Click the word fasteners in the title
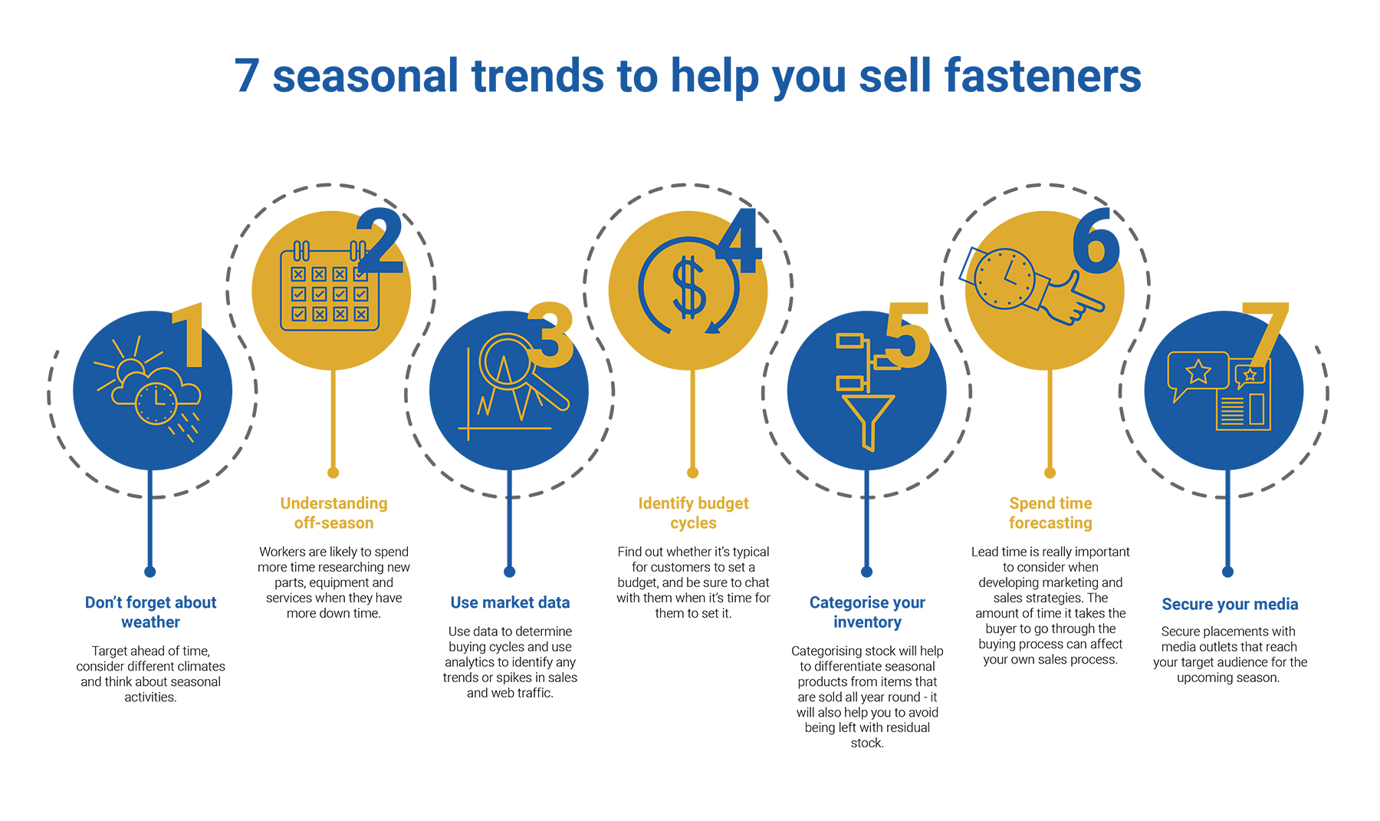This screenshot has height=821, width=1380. point(1043,76)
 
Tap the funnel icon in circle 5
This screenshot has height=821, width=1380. point(868,421)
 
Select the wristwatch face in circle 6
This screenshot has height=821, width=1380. point(1005,279)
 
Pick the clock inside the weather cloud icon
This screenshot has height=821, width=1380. point(156,402)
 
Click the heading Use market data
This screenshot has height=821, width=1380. point(510,602)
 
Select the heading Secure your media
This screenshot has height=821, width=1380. point(1230,604)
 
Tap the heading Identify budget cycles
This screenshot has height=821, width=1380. point(693,513)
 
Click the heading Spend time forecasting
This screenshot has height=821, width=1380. point(1050,513)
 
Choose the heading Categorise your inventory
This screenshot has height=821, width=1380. point(867,612)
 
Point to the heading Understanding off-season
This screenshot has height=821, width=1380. point(333,513)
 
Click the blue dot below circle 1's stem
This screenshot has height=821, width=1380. point(150,572)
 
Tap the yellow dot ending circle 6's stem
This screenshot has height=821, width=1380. point(1050,473)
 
